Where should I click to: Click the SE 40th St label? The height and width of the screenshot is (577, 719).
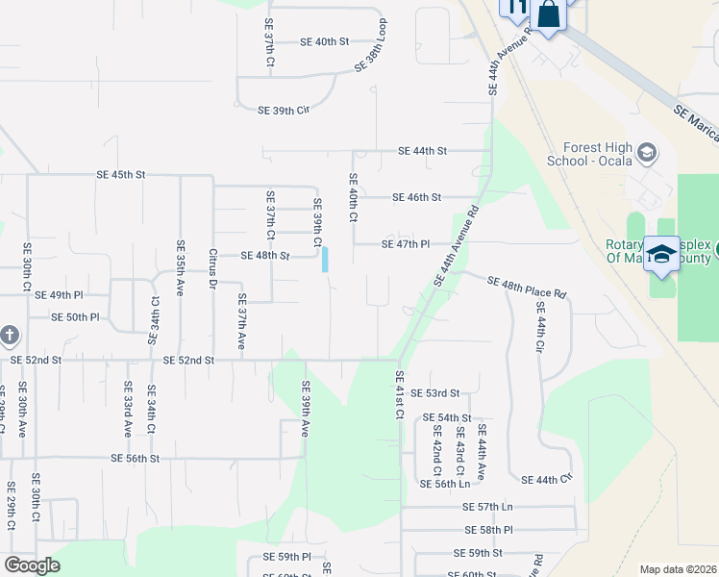324,42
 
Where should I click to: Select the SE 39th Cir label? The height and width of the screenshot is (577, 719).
284,111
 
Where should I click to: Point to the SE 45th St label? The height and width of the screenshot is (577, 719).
120,175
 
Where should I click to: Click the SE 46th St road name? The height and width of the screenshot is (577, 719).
416,197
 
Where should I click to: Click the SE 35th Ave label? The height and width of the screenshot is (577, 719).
180,267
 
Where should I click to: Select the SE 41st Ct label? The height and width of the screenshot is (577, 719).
399,395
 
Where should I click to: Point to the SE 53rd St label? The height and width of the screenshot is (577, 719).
435,393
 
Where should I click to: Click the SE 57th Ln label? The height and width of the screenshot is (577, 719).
488,507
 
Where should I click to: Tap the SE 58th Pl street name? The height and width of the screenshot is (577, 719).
489,530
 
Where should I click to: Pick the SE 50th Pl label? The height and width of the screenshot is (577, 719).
75,316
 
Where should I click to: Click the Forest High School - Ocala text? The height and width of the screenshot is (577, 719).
597,153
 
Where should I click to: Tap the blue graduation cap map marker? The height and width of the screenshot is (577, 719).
661,253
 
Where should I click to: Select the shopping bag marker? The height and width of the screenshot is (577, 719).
548,15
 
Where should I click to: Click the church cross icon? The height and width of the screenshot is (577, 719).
9,336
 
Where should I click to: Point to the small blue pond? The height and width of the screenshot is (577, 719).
326,259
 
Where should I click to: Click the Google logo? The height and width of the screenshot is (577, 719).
33,565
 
